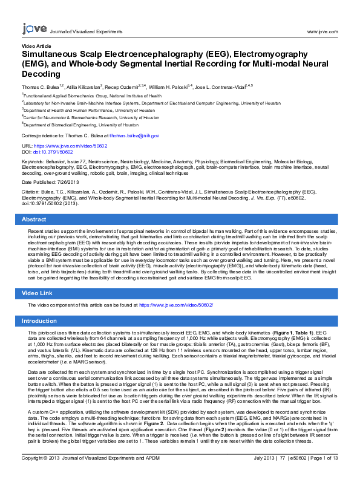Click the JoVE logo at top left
(x=34, y=28)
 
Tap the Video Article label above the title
(x=36, y=46)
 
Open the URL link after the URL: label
(x=72, y=146)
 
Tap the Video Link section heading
(x=37, y=293)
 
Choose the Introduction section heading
(x=39, y=321)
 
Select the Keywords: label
(x=33, y=162)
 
